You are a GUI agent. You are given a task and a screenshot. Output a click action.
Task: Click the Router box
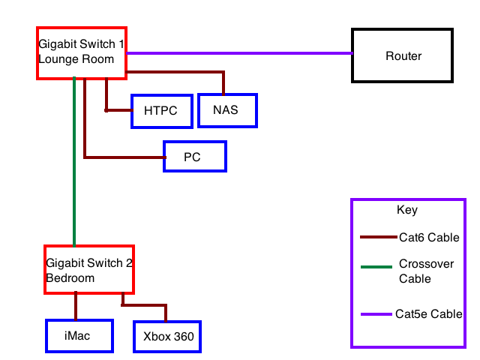(x=403, y=56)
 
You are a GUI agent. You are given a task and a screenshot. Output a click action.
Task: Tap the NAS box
(x=226, y=110)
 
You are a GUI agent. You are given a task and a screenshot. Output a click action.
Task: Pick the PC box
(x=194, y=157)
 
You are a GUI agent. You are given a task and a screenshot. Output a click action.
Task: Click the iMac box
(x=79, y=336)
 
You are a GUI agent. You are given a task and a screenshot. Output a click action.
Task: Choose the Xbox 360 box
(x=168, y=337)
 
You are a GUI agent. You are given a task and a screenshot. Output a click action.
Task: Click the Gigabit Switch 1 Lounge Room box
(x=81, y=52)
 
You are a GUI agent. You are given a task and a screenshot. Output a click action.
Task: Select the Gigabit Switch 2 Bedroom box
(x=88, y=269)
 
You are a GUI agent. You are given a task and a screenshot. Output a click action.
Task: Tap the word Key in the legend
(x=407, y=210)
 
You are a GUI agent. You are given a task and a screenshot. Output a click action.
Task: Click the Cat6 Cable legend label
(x=429, y=238)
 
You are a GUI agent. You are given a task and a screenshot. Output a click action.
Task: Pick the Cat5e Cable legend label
(x=429, y=314)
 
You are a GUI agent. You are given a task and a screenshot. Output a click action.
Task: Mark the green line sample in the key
(x=376, y=266)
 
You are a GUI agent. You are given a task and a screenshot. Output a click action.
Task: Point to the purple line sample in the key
(x=376, y=314)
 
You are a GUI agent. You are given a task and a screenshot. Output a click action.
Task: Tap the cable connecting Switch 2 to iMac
(x=76, y=306)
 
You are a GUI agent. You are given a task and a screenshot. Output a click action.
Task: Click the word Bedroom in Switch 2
(x=70, y=278)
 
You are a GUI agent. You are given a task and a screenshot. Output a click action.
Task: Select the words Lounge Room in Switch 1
(x=76, y=59)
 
